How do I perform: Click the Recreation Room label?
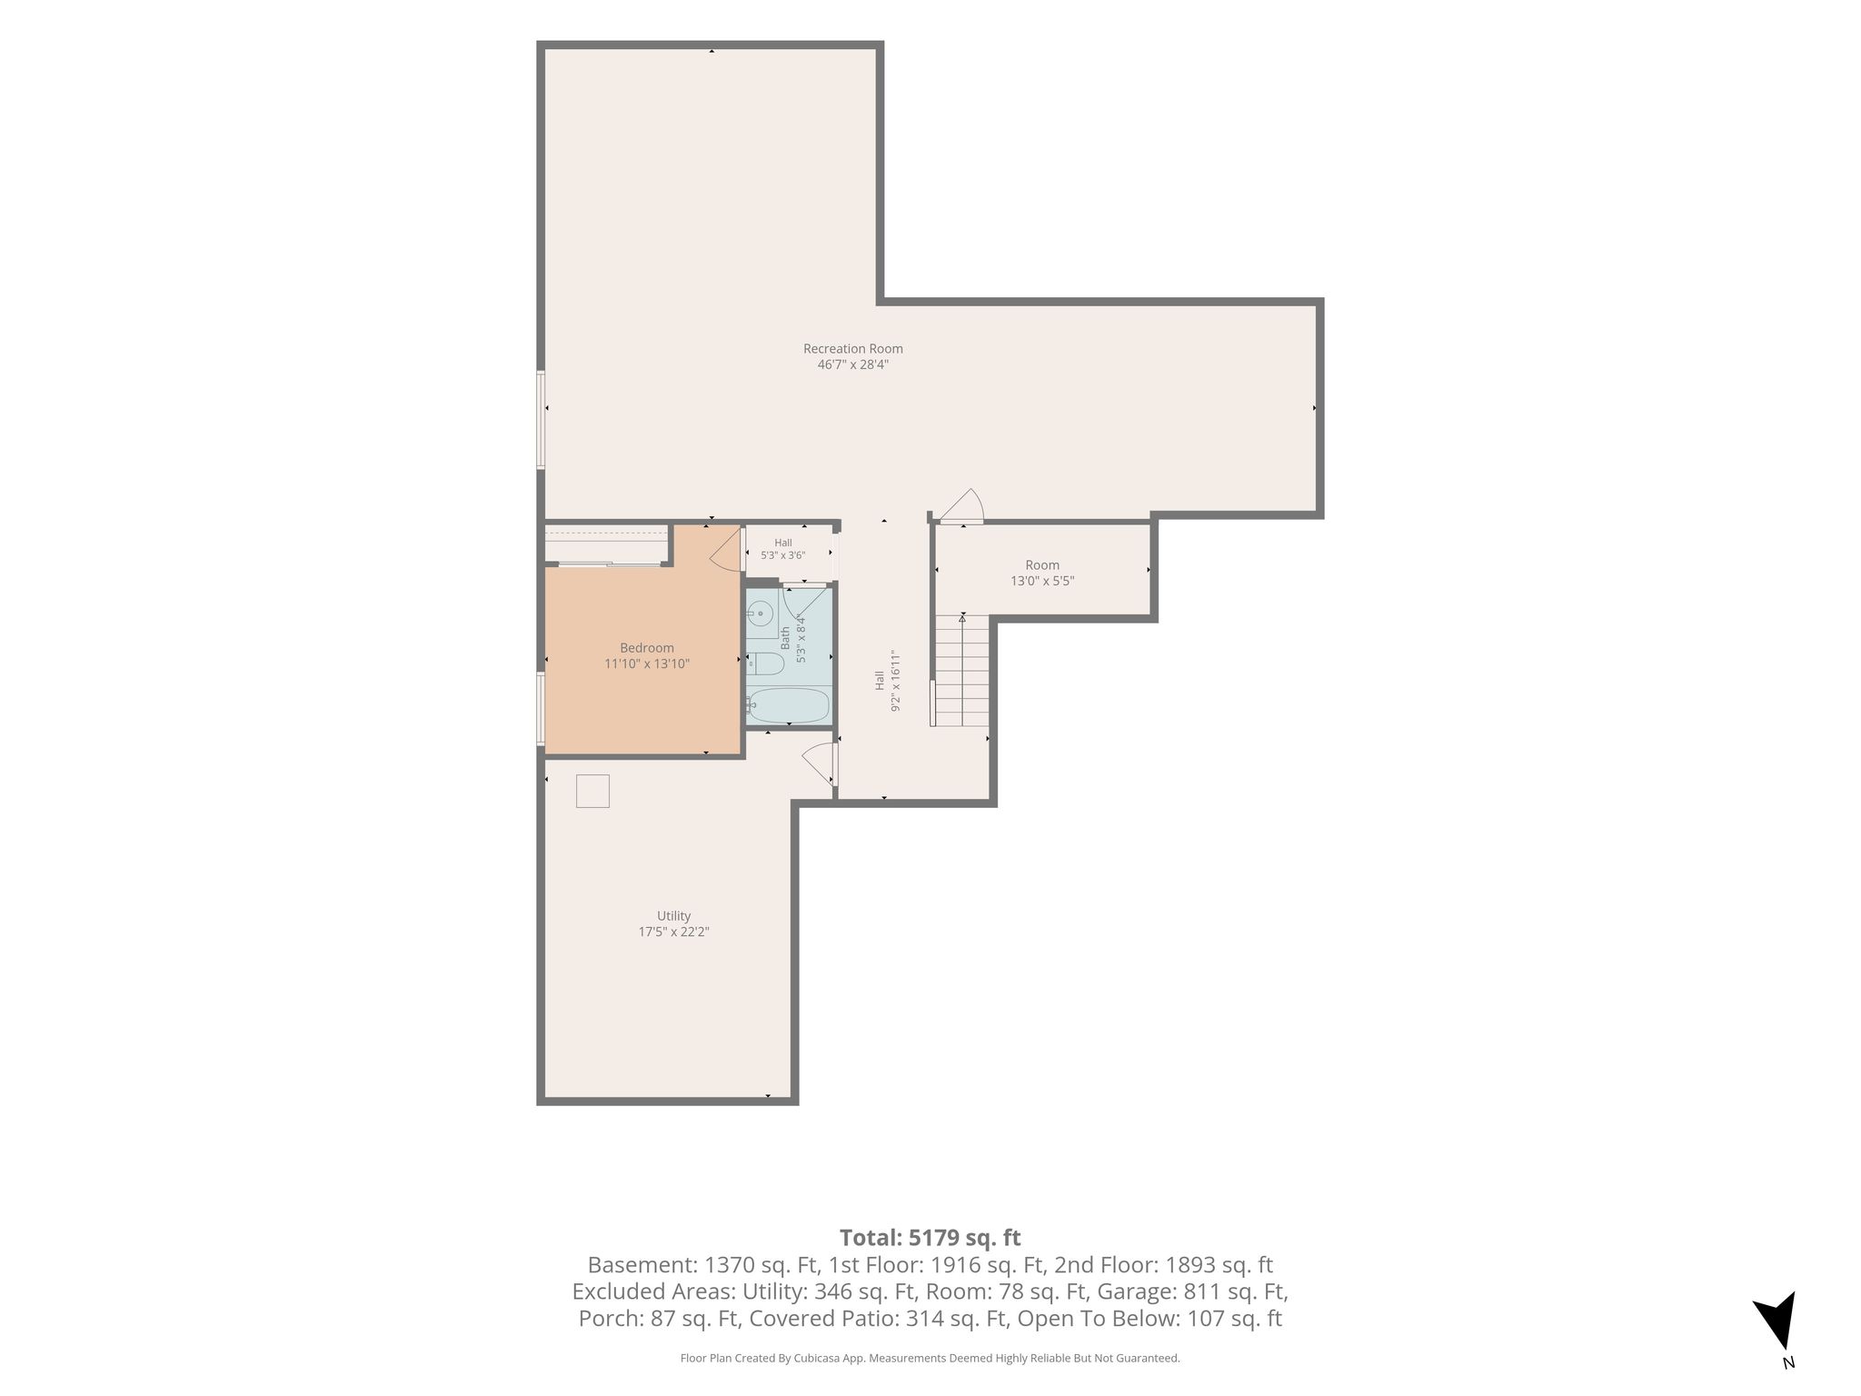(852, 348)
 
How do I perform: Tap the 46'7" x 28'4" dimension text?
(852, 364)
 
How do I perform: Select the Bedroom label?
(647, 648)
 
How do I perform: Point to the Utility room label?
(673, 916)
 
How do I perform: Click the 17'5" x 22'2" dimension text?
(673, 932)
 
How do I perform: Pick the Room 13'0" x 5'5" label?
(1042, 573)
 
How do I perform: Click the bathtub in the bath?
(788, 704)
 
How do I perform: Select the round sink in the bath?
(761, 614)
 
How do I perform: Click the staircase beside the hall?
(961, 670)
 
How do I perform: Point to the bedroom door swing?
(726, 551)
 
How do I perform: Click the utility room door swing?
(818, 763)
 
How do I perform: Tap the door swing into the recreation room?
(961, 505)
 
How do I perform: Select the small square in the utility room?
(592, 791)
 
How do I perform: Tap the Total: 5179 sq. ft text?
(930, 1238)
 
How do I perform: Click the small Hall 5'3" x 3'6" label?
(783, 549)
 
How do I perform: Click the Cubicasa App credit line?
(930, 1359)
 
